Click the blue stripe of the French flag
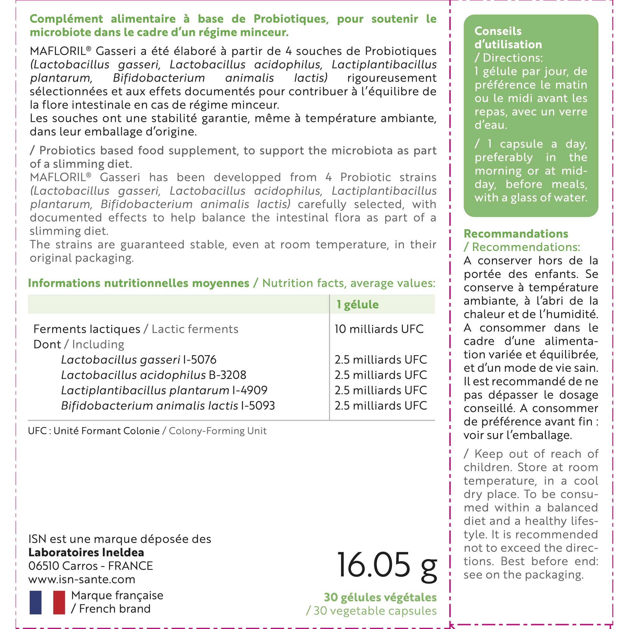[36, 602]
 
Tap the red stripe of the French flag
[59, 602]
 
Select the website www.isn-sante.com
[82, 579]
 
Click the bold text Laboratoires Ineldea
[86, 552]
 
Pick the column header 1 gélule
[358, 304]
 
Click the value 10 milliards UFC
[379, 329]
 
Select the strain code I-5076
[200, 359]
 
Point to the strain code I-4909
[250, 390]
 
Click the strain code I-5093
[258, 405]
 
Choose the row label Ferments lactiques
[86, 329]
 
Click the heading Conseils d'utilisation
[508, 38]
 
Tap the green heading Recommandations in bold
[516, 233]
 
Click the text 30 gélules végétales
[380, 597]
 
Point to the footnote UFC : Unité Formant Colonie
[94, 431]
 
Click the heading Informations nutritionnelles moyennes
[139, 283]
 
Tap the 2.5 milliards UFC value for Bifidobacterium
[381, 405]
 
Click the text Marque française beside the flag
[117, 595]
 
